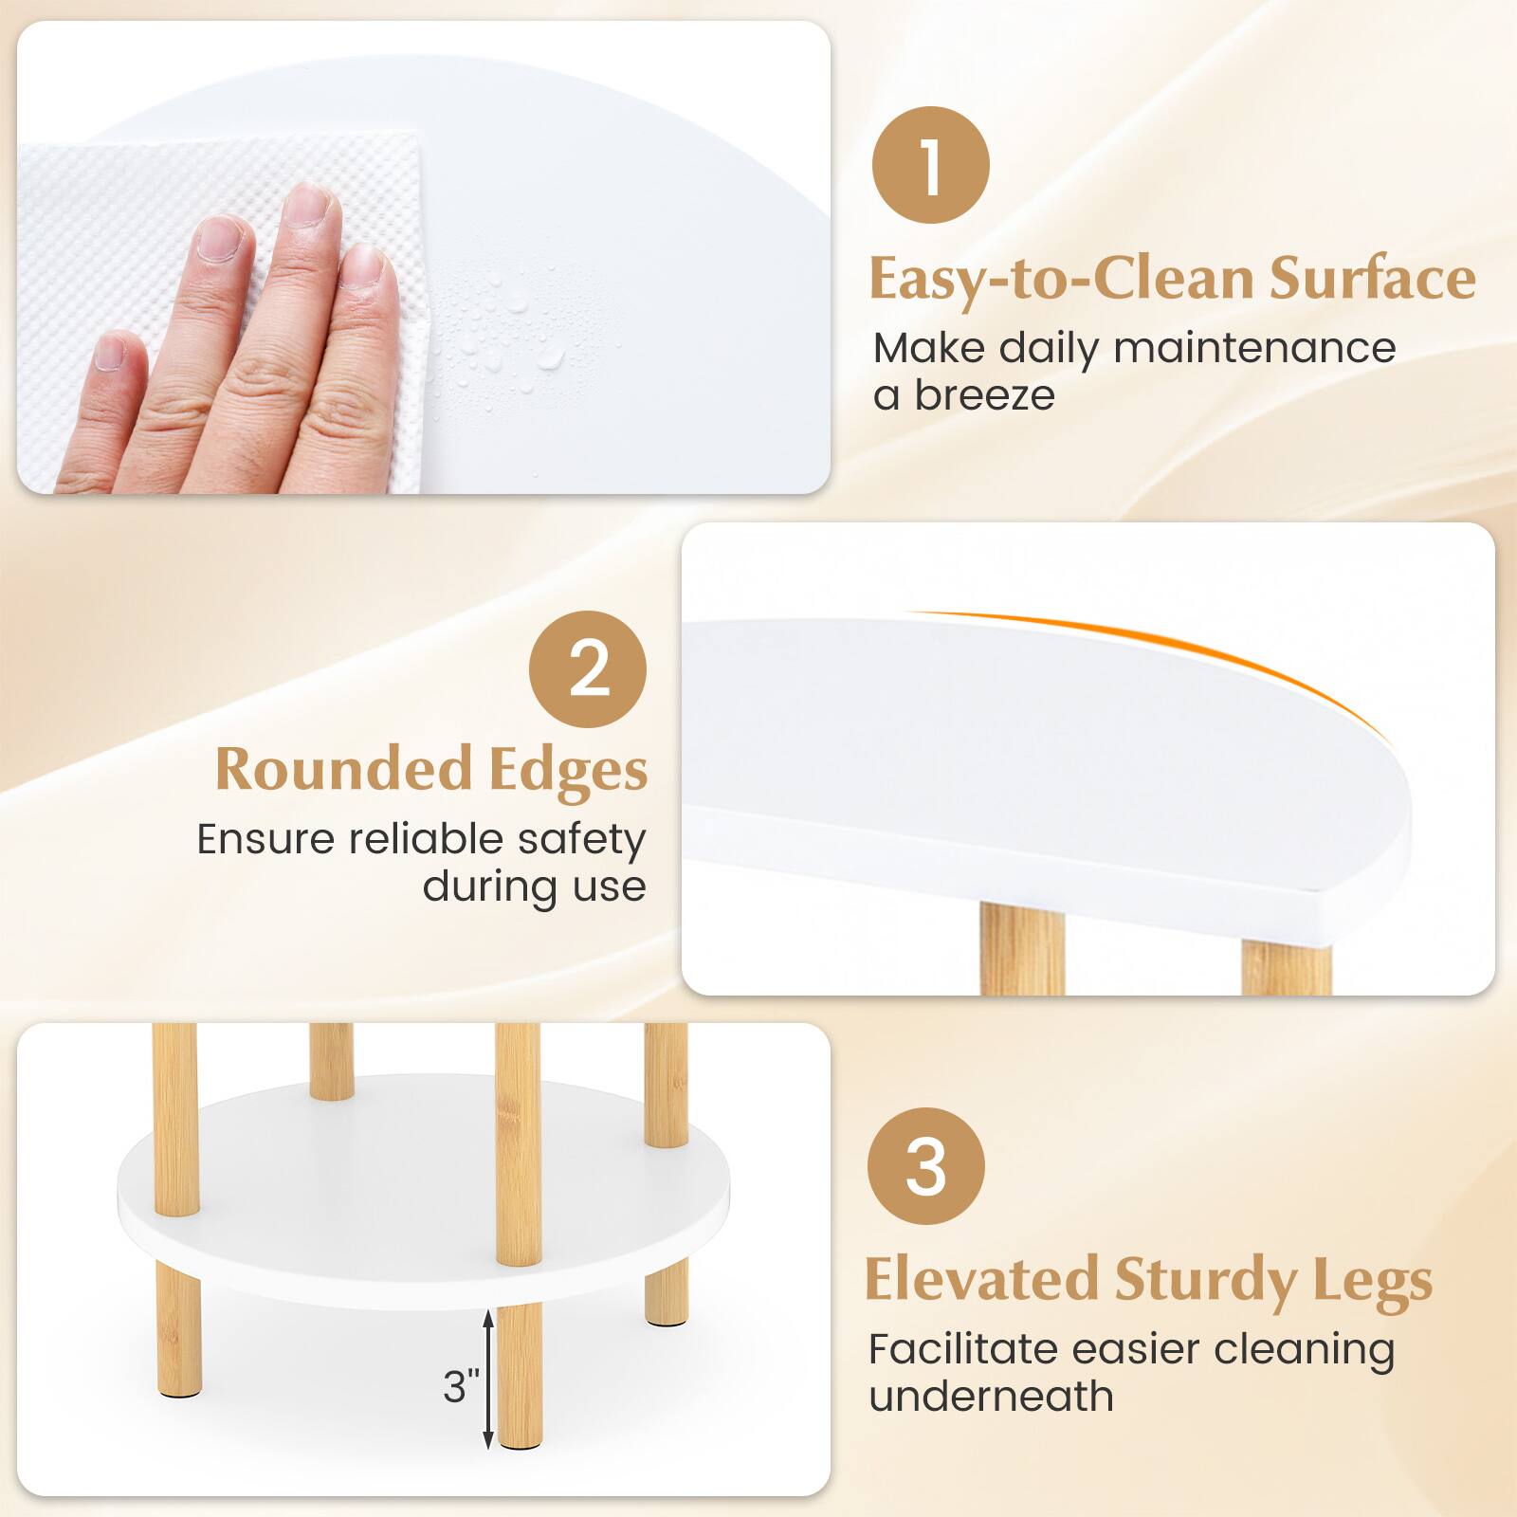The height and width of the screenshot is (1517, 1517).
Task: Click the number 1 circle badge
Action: pyautogui.click(x=930, y=166)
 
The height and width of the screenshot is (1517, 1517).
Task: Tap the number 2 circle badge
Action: pyautogui.click(x=588, y=669)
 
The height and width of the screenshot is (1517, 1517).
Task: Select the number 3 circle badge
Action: pyautogui.click(x=926, y=1167)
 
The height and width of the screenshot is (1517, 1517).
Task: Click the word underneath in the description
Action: pyautogui.click(x=991, y=1397)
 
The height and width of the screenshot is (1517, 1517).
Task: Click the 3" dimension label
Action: pyautogui.click(x=462, y=1386)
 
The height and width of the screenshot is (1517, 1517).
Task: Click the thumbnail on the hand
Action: pyautogui.click(x=111, y=353)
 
